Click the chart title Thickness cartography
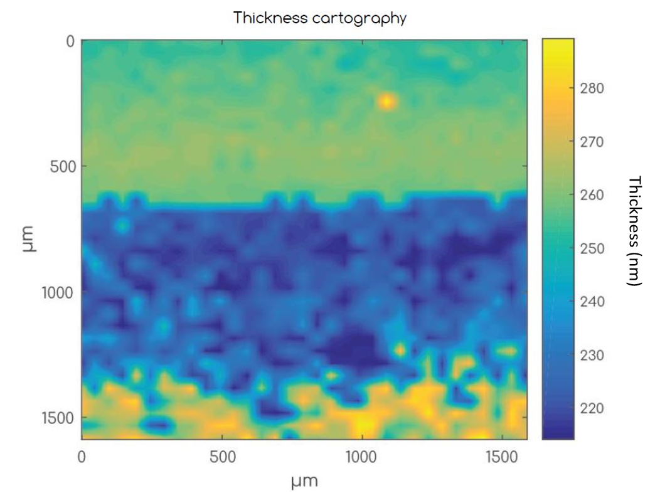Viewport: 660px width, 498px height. (x=320, y=18)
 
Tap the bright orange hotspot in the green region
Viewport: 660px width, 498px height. (x=387, y=101)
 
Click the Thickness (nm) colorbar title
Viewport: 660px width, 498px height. (x=635, y=231)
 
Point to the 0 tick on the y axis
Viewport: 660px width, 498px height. (x=70, y=41)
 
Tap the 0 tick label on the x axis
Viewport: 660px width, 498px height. (x=82, y=457)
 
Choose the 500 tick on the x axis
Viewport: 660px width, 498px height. (x=222, y=457)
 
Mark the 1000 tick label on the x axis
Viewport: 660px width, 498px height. (x=362, y=457)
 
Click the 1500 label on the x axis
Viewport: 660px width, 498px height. (x=502, y=457)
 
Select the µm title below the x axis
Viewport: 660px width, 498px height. (x=304, y=482)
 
